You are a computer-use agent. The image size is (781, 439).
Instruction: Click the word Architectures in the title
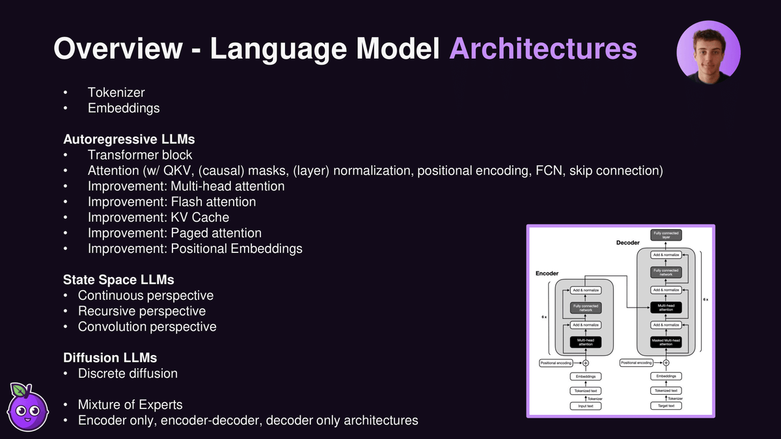tap(542, 49)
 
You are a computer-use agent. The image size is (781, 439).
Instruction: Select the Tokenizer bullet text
tap(116, 93)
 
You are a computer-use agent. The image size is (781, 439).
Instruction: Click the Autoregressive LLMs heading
tap(129, 139)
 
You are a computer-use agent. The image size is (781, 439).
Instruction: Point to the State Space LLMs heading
tap(118, 280)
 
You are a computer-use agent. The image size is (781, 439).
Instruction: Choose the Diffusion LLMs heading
tap(110, 358)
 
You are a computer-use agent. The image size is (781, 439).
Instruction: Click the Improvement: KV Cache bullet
tap(158, 217)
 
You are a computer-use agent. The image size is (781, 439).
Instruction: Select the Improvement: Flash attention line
tap(172, 202)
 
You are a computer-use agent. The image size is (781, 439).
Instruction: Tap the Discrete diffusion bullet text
tap(128, 373)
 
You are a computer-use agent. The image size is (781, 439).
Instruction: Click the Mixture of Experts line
tap(130, 405)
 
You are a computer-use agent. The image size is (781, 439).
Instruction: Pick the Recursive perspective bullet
tap(141, 311)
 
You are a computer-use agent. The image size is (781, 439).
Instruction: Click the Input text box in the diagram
tap(586, 406)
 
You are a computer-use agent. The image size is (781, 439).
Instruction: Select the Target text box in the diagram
tap(666, 406)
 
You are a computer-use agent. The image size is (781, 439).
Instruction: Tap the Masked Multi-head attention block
tap(666, 342)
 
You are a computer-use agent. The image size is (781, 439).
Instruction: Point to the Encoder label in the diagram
tap(547, 274)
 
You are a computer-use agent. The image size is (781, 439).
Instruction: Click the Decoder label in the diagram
tap(628, 243)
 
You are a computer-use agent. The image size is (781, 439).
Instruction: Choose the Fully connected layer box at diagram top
tap(666, 235)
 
